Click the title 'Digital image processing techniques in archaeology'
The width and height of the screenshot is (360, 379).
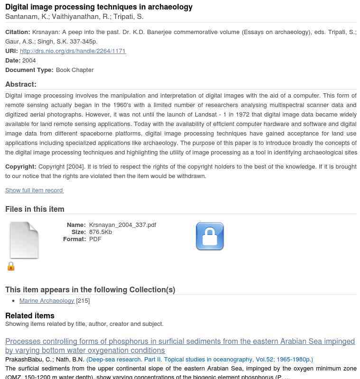pyautogui.click(x=99, y=7)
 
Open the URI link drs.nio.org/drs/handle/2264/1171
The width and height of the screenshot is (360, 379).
pyautogui.click(x=73, y=51)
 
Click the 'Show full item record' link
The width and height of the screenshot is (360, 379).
pyautogui.click(x=34, y=190)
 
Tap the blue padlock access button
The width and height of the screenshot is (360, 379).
pyautogui.click(x=210, y=236)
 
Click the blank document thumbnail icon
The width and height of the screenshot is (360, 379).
pyautogui.click(x=24, y=240)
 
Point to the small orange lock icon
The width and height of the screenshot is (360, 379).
pyautogui.click(x=11, y=267)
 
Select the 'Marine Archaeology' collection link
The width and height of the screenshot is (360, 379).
pyautogui.click(x=47, y=300)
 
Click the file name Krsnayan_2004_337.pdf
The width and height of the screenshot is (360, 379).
pyautogui.click(x=122, y=225)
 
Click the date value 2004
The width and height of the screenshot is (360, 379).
pyautogui.click(x=29, y=60)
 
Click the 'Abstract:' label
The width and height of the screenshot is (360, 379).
pyautogui.click(x=21, y=84)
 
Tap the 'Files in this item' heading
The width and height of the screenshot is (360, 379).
pyautogui.click(x=35, y=209)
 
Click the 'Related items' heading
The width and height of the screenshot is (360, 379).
pyautogui.click(x=30, y=316)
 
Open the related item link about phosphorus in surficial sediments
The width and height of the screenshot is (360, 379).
pyautogui.click(x=180, y=346)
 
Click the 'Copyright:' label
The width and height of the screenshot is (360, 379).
pyautogui.click(x=21, y=166)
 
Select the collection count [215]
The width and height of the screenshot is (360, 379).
pyautogui.click(x=83, y=300)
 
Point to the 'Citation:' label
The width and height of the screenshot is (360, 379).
pyautogui.click(x=18, y=32)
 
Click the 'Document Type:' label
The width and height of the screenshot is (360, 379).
pyautogui.click(x=29, y=70)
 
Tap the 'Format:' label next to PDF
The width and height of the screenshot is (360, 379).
pyautogui.click(x=74, y=239)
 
